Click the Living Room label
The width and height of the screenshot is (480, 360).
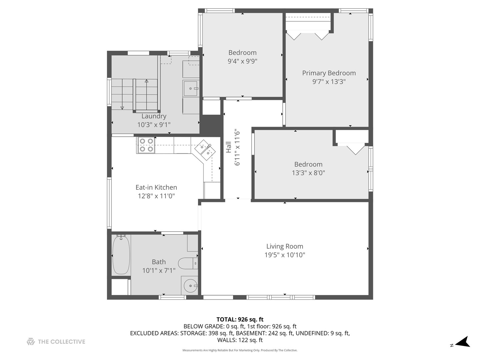click(x=285, y=246)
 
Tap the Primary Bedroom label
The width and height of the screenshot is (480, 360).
click(x=329, y=73)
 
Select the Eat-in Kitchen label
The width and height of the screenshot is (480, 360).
click(x=156, y=187)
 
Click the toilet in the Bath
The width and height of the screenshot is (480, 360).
click(x=188, y=263)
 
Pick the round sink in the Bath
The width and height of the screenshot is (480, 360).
click(x=190, y=286)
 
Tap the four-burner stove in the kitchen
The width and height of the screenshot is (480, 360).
click(x=146, y=145)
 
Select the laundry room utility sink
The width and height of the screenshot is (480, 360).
click(x=191, y=89)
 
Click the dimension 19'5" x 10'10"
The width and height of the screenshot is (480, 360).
click(x=285, y=255)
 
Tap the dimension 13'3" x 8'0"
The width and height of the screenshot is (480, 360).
click(x=308, y=173)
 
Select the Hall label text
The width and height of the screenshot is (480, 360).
click(x=229, y=147)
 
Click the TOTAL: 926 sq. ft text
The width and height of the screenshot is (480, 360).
click(x=240, y=319)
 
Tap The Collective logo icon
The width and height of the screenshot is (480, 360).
click(x=31, y=341)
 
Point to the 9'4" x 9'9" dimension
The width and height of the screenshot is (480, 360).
click(x=243, y=61)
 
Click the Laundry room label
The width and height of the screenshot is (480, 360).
click(x=154, y=116)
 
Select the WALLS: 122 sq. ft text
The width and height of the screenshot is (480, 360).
click(x=240, y=340)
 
